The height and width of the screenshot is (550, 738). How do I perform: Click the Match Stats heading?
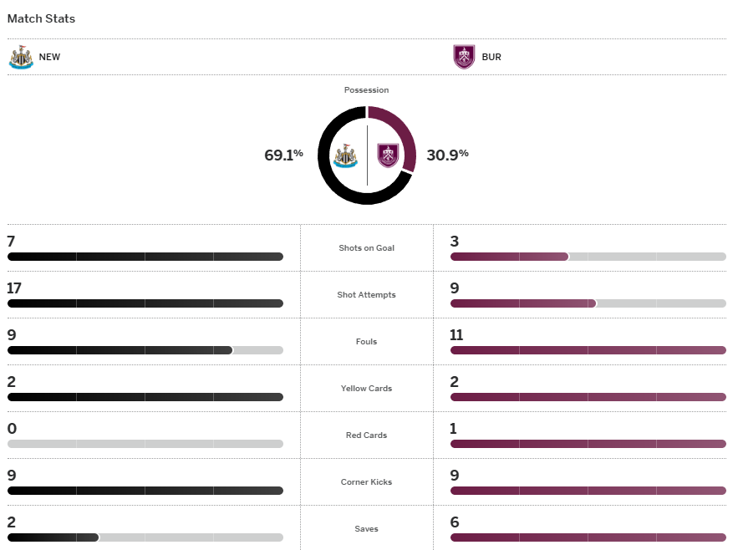[x=41, y=18]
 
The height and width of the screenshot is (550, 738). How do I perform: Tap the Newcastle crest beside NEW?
[x=21, y=57]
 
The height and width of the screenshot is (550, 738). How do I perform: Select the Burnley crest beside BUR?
[x=464, y=57]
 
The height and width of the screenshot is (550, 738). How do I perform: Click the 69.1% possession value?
[x=283, y=155]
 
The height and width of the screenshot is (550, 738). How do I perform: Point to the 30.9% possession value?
[x=447, y=155]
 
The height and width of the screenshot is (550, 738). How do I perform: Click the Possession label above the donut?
[x=366, y=90]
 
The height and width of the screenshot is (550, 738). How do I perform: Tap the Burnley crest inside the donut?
[x=388, y=155]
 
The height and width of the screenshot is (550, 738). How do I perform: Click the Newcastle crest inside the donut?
[x=345, y=155]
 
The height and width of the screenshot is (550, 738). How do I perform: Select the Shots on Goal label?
[x=366, y=248]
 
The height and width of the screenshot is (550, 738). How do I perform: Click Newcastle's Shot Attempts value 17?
[x=14, y=288]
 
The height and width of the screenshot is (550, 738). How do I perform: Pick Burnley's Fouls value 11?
[x=456, y=335]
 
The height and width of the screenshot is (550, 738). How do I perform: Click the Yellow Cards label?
[x=366, y=389]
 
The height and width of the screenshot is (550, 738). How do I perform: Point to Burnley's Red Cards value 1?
[x=454, y=429]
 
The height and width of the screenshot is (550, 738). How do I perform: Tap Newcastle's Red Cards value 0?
[x=12, y=429]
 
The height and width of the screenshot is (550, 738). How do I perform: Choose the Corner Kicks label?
[x=366, y=482]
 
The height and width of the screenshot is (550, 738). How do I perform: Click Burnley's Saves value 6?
[x=455, y=522]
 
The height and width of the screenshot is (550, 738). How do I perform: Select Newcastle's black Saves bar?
[x=53, y=537]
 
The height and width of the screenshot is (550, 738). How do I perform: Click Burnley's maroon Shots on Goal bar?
[x=509, y=257]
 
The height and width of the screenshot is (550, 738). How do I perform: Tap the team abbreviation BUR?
[x=491, y=58]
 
